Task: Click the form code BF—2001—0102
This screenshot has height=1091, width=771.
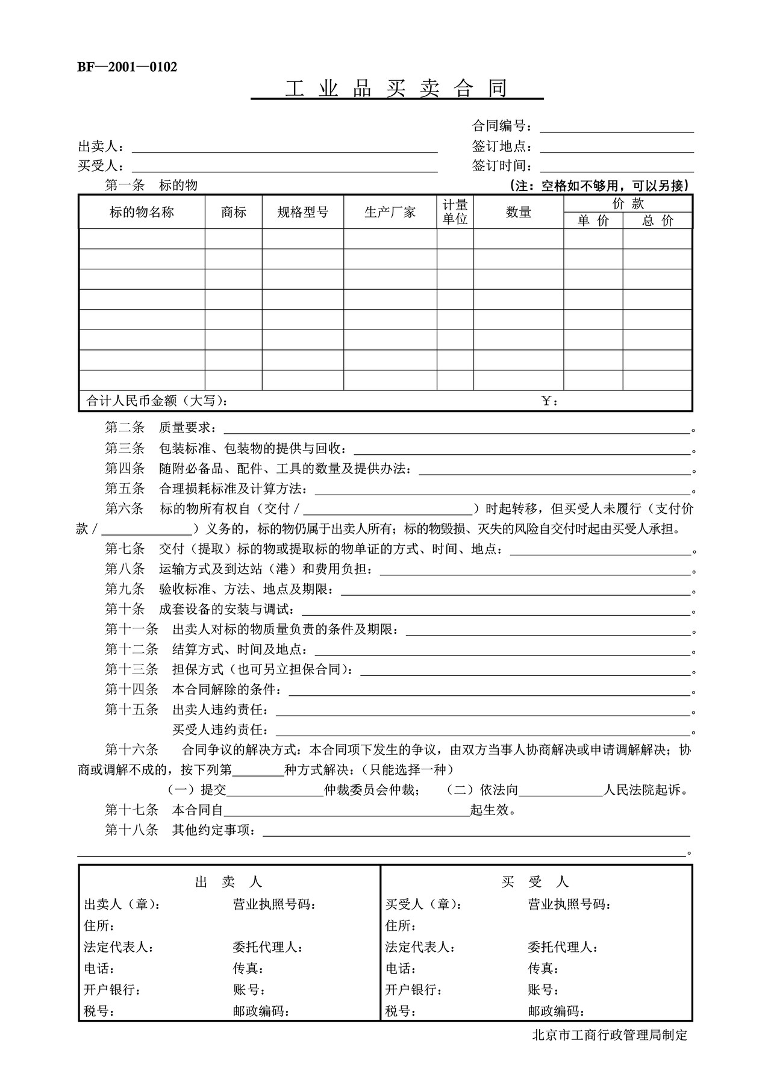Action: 127,67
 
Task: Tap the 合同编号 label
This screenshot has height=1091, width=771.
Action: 502,127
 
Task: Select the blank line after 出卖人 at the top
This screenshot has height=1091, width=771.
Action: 284,148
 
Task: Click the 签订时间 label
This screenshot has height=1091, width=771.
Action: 502,166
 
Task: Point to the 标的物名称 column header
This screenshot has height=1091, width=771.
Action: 142,212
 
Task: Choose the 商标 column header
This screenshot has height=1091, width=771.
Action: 233,212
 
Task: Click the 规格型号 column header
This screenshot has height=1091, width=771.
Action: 302,212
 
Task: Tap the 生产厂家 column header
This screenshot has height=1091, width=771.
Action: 390,212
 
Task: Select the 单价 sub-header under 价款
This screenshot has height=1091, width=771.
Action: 593,221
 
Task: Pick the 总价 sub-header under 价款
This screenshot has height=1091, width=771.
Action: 657,221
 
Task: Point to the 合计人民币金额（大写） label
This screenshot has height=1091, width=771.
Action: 157,401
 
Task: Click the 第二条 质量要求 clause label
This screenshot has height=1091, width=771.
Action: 160,428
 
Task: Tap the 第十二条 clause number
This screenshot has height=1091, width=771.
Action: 131,650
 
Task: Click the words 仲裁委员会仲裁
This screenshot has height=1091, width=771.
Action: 370,790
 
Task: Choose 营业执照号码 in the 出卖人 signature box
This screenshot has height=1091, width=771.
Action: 274,904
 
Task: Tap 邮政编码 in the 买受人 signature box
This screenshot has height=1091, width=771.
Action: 556,1011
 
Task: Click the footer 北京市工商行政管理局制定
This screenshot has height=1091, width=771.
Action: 610,1036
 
